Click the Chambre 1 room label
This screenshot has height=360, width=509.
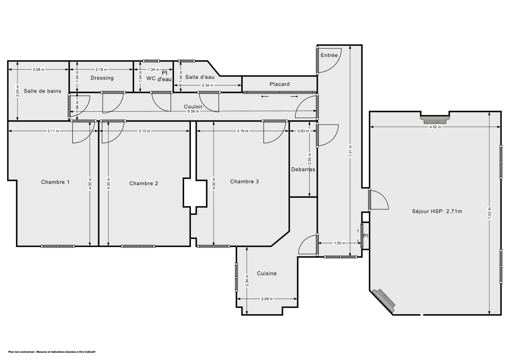point(55,182)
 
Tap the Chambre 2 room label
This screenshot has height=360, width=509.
point(144,183)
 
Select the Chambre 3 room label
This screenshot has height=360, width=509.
point(244,181)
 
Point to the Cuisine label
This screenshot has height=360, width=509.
point(267,273)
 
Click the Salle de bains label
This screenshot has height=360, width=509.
point(42,91)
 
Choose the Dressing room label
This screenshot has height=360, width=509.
point(102,78)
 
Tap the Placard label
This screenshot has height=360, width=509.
point(280,84)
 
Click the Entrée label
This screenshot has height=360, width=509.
point(329,55)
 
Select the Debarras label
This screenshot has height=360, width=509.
point(303,169)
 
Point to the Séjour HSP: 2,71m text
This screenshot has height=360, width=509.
point(436,211)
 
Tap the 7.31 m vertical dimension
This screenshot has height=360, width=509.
point(350,152)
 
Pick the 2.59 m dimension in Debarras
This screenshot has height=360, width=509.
point(309,158)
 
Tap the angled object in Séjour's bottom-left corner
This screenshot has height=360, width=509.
point(384,301)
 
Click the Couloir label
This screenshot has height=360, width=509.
point(193,107)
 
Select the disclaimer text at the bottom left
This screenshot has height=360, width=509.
point(52,352)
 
